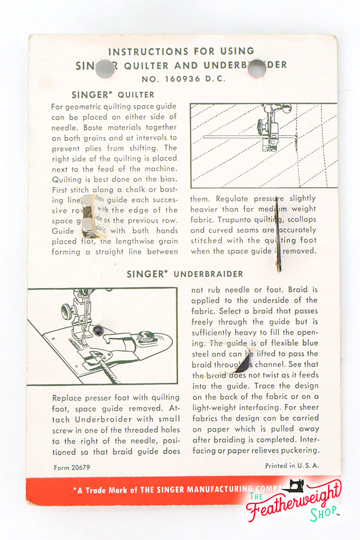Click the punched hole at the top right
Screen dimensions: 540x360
pyautogui.click(x=256, y=68)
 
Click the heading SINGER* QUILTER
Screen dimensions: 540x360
pyautogui.click(x=112, y=95)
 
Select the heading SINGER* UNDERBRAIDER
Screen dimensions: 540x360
pyautogui.click(x=184, y=274)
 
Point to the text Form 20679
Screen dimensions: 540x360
pyautogui.click(x=72, y=468)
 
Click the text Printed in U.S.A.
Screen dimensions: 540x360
pyautogui.click(x=292, y=466)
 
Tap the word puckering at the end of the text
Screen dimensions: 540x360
pyautogui.click(x=300, y=450)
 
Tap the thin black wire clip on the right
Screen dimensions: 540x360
pyautogui.click(x=279, y=234)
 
